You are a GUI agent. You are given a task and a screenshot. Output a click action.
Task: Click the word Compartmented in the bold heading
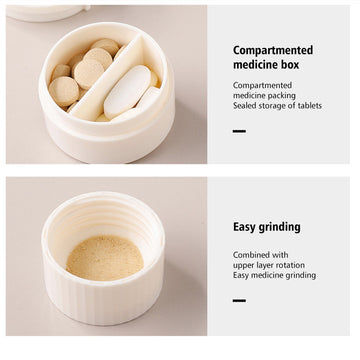(273, 51)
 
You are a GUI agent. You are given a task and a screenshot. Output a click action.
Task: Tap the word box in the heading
(289, 64)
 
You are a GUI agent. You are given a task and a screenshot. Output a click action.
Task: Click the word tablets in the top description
(310, 106)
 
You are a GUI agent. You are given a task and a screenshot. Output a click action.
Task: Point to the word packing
(283, 96)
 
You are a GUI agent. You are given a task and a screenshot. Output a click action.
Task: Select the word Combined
(248, 255)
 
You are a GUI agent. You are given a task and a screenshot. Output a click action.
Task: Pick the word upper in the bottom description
(243, 266)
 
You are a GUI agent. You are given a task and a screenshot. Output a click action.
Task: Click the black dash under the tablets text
(239, 131)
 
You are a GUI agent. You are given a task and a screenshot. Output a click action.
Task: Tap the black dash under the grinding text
(239, 300)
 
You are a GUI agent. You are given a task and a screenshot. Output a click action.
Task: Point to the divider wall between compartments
(108, 78)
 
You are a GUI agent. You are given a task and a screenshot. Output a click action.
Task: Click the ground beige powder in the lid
(105, 258)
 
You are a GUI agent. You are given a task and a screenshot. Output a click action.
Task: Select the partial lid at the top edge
(48, 13)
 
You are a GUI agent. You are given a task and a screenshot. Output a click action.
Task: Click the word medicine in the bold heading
(255, 64)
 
